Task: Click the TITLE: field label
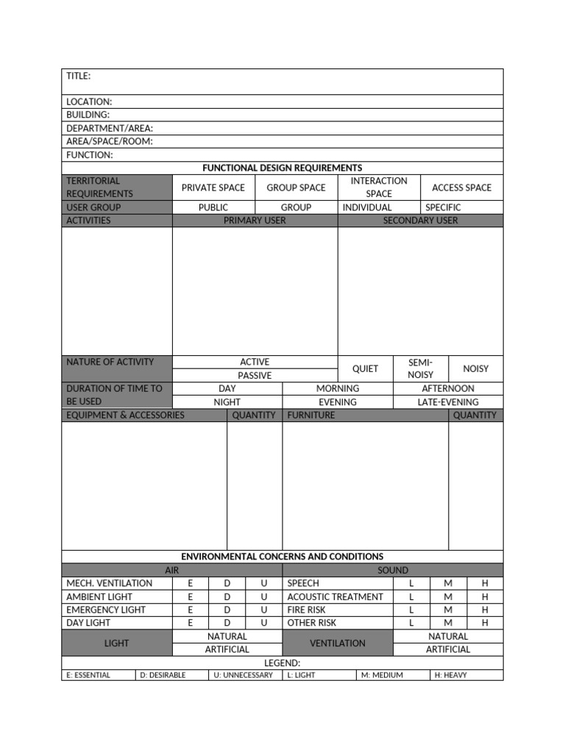tap(79, 76)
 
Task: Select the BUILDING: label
tap(88, 115)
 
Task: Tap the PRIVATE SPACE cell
tap(213, 188)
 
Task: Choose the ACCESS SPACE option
tap(461, 188)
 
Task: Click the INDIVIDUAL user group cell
tap(367, 207)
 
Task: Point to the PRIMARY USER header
tap(255, 221)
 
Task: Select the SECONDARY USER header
tap(420, 221)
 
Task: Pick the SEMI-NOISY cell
tap(421, 368)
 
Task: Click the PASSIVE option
tap(255, 375)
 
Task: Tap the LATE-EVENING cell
tap(448, 402)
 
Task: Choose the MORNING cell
tap(338, 388)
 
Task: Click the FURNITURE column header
tap(311, 415)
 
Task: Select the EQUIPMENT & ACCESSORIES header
tap(126, 415)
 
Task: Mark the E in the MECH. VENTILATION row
tap(191, 583)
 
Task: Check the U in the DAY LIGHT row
tap(264, 623)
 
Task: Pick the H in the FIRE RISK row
tap(485, 610)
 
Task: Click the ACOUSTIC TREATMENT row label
tap(335, 596)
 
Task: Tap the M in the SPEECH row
tap(448, 583)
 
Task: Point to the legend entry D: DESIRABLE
tap(163, 675)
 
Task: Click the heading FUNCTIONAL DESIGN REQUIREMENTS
tap(282, 168)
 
